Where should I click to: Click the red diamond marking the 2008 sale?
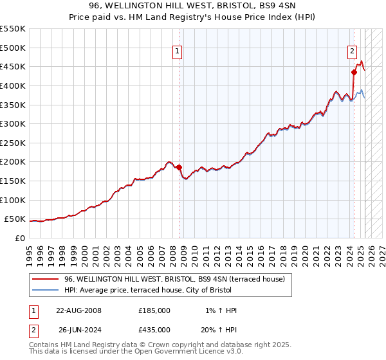point(179,167)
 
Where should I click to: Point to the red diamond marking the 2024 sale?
point(354,73)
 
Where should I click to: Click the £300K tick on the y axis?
point(13,123)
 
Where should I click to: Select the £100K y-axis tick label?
point(13,200)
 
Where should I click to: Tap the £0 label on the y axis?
point(19,238)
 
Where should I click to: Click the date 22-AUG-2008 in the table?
point(79,310)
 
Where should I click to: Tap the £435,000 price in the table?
point(154,329)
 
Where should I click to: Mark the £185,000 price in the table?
point(154,310)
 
